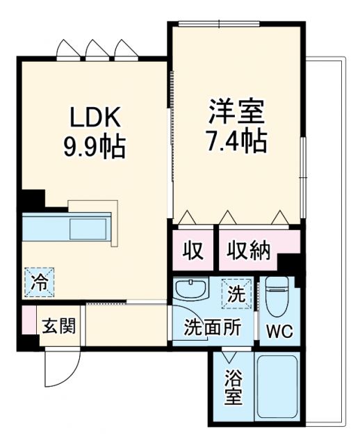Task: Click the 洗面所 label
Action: [x=212, y=327]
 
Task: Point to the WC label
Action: [x=279, y=332]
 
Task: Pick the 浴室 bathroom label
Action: [x=233, y=389]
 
